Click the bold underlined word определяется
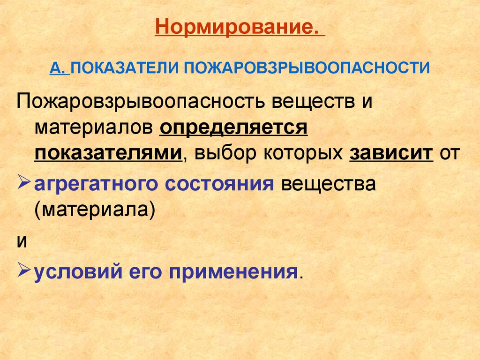pos(233,127)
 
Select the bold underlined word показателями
pos(108,153)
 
